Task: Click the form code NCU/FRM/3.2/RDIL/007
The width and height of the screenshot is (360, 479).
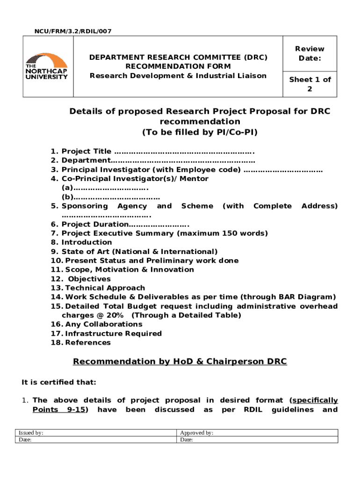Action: [73, 31]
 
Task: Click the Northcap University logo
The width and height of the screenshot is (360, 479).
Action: [46, 66]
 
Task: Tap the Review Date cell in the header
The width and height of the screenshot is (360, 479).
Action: [309, 54]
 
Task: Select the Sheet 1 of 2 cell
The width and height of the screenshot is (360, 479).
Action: [309, 84]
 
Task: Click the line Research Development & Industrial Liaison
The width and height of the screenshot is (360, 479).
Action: [178, 76]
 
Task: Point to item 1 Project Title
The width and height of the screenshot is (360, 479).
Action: [86, 151]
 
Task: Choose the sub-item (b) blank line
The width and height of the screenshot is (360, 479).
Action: [110, 197]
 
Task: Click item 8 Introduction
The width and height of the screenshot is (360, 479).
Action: [86, 242]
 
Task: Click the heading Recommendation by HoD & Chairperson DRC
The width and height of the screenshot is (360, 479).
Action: [180, 362]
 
